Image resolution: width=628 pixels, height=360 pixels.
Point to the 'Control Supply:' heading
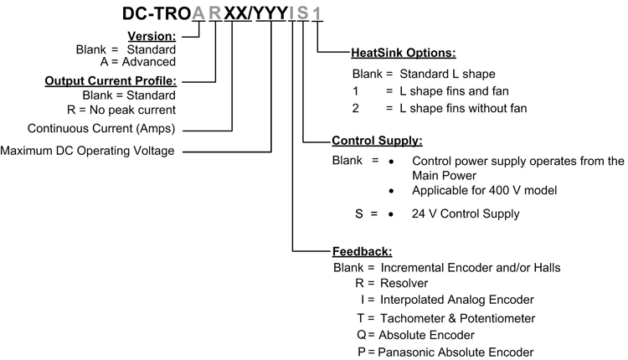[377, 141]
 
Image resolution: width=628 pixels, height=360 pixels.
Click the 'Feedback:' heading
[362, 250]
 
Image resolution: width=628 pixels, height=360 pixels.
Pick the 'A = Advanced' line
[137, 61]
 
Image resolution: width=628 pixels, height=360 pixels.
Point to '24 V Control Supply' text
[466, 213]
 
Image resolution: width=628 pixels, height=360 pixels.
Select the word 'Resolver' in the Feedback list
[404, 284]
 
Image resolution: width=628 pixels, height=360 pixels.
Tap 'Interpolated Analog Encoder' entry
[456, 300]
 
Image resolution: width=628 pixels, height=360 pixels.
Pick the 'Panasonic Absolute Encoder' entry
[456, 352]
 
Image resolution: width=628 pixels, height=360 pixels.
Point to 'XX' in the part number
[234, 14]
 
